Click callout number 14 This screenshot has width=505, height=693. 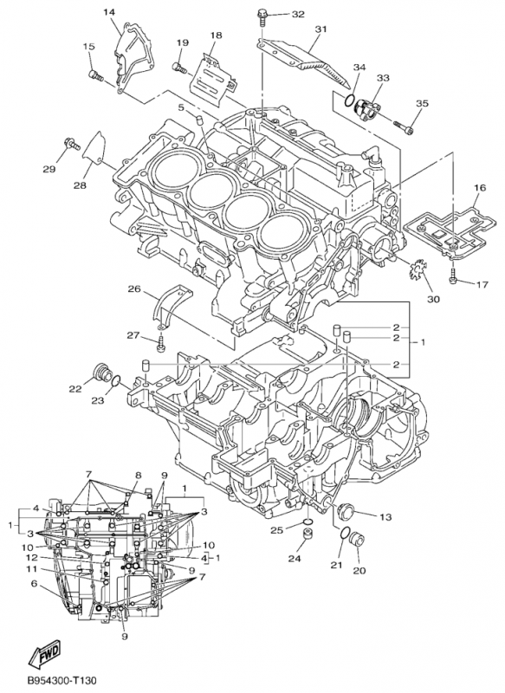[110, 11]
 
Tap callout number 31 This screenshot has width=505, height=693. [321, 29]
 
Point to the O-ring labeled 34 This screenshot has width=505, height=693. [349, 102]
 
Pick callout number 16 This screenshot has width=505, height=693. [479, 188]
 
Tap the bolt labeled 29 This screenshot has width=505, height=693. [68, 142]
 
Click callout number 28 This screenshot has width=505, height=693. [80, 185]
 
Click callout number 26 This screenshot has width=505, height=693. [134, 288]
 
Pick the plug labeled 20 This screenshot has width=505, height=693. [358, 545]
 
